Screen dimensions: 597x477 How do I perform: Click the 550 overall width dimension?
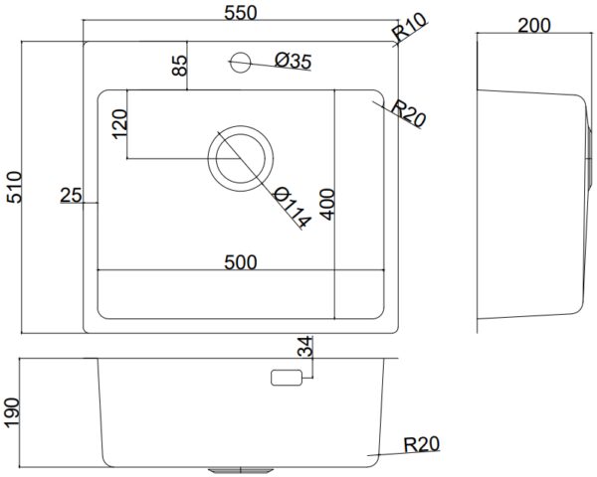tap(241, 13)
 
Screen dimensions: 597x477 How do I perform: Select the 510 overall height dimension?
tap(15, 187)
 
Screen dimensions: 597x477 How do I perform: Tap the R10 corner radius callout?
tap(410, 28)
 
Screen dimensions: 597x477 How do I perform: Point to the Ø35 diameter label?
tap(294, 61)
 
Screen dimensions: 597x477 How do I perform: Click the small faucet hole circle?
tap(241, 63)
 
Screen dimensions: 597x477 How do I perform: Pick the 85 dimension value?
tap(179, 66)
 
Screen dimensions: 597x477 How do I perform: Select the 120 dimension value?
tap(119, 124)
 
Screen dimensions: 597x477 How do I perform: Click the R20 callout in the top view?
tap(408, 113)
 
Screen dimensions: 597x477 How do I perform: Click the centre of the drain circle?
tap(240, 158)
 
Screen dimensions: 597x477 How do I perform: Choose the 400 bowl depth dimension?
tap(327, 205)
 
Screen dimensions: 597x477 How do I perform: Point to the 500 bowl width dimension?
tap(241, 262)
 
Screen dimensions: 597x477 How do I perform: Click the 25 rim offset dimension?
tap(72, 196)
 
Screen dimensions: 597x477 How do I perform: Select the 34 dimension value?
tap(305, 347)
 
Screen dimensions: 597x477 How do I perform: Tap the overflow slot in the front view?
tap(287, 378)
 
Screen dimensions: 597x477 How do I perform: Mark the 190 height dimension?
tap(11, 412)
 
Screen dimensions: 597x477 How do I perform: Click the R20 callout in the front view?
tap(422, 444)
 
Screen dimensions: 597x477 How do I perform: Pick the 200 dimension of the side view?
tap(534, 26)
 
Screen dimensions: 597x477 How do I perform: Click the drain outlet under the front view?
tap(241, 471)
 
